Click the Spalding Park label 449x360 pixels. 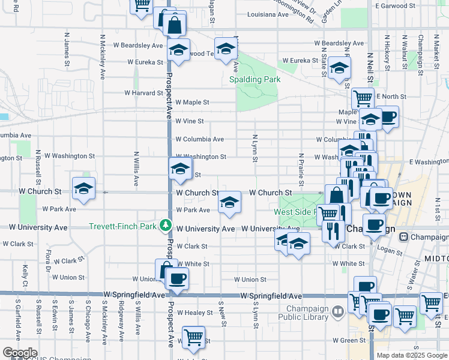255,79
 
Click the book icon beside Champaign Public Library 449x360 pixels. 338,311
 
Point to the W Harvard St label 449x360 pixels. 143,93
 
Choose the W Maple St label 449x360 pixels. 192,103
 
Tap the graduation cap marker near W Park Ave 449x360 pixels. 229,203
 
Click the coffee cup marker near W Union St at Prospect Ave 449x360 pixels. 177,278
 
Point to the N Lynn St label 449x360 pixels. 255,148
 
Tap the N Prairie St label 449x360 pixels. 301,170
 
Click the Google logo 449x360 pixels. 20,353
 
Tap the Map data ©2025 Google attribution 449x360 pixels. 412,355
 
